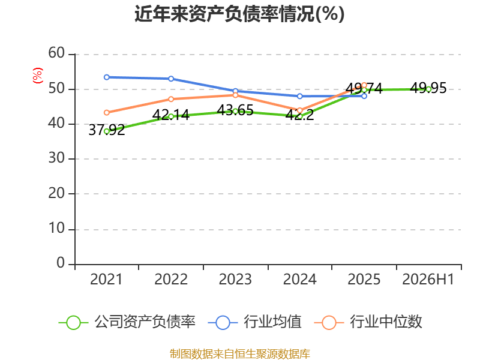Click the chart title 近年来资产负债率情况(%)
(239, 14)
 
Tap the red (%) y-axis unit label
(38, 76)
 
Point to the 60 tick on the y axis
(56, 53)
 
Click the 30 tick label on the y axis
(56, 158)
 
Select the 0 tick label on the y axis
(61, 263)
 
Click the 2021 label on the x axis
(106, 280)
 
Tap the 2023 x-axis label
(235, 280)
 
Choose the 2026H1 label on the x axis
(428, 280)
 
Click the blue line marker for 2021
(107, 77)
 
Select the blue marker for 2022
(171, 79)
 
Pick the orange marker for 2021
(107, 113)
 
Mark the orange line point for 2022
(171, 99)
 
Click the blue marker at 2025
(364, 96)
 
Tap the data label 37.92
(107, 130)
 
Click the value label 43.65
(235, 110)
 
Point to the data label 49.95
(428, 88)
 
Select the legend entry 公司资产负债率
(127, 322)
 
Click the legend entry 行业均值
(254, 322)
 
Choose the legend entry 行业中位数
(368, 322)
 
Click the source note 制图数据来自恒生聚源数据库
(239, 354)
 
